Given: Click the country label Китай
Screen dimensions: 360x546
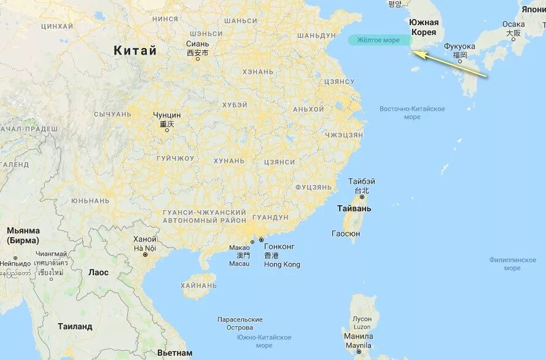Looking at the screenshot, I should tap(135, 50).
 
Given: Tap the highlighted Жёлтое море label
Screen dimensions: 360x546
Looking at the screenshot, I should tap(375, 40).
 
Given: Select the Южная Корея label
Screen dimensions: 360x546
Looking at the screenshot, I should tap(424, 27).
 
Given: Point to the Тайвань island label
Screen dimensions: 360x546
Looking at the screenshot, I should tap(354, 209).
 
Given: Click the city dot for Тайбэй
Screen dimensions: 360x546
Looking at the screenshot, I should tap(362, 197).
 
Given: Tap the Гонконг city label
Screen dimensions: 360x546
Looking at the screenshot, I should tap(279, 246).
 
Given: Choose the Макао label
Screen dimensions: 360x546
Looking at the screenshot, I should tap(240, 248).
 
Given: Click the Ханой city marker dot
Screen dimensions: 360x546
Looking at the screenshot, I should tap(146, 254).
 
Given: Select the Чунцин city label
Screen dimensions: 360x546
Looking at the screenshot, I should tap(167, 115).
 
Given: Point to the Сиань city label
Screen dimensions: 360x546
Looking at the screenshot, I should tap(197, 44).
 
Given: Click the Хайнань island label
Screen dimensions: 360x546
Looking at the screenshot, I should tap(199, 286).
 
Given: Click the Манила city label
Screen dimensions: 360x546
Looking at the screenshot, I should tap(359, 337).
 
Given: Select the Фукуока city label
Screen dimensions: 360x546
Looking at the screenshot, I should tap(459, 46).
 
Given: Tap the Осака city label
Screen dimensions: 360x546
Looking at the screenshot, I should tap(513, 25).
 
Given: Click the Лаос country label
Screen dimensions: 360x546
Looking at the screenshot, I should tap(98, 272).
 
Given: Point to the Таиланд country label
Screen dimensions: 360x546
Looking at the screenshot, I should tap(75, 327).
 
